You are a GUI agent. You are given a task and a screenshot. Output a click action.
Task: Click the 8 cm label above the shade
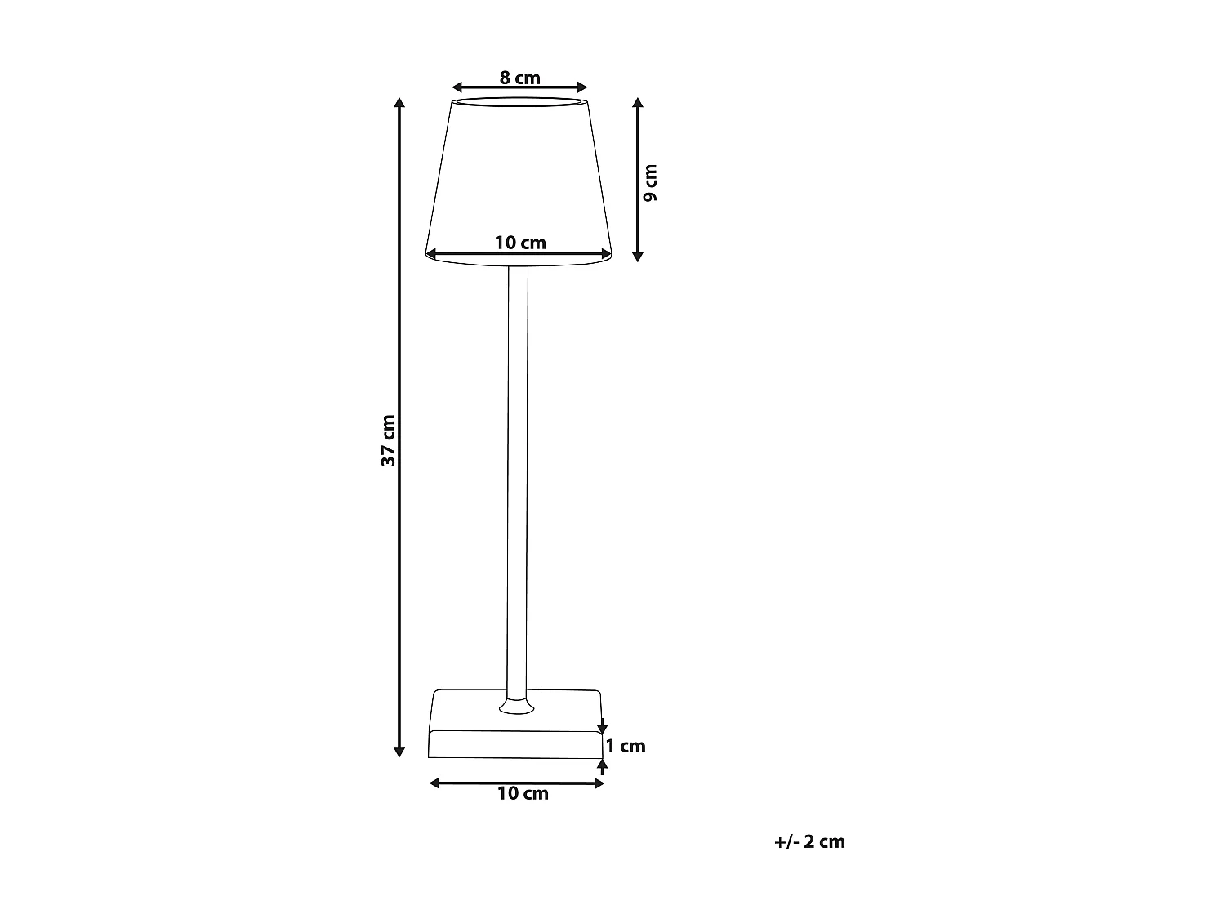(x=520, y=78)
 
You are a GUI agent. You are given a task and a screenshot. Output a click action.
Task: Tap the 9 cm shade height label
(x=650, y=183)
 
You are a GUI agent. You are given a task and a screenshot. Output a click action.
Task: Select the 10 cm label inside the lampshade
(x=520, y=243)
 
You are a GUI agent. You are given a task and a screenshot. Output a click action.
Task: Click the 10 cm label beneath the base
(x=523, y=794)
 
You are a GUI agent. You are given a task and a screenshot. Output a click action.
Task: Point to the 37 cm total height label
(x=389, y=440)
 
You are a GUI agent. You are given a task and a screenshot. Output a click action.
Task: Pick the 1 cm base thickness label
(x=626, y=746)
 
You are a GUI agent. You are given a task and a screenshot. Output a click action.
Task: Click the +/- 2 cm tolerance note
(x=809, y=841)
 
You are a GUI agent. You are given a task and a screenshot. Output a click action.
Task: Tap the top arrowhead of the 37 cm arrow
(x=399, y=103)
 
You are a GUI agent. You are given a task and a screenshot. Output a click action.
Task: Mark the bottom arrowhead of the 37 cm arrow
(x=399, y=751)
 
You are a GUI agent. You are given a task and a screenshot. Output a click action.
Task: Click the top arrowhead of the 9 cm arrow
(x=638, y=103)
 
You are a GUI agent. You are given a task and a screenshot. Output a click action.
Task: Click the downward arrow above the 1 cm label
(x=603, y=725)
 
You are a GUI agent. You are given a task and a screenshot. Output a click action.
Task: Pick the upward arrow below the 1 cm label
(x=603, y=765)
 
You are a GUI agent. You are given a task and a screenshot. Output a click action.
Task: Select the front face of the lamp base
(x=514, y=744)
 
